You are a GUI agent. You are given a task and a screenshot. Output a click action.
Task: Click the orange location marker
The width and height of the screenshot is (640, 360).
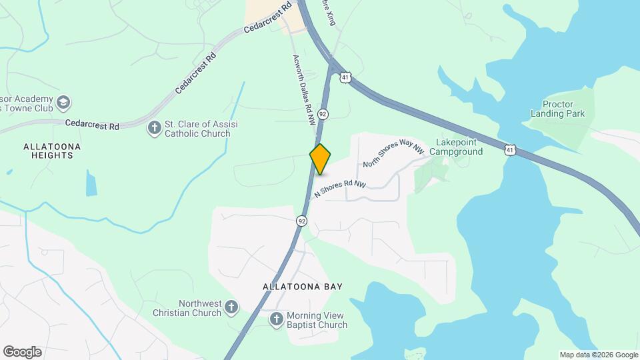click(320, 159)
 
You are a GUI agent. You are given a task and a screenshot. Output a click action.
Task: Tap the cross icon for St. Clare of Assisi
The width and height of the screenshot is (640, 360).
click(154, 127)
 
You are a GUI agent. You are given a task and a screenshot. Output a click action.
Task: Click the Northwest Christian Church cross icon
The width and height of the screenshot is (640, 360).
click(231, 307)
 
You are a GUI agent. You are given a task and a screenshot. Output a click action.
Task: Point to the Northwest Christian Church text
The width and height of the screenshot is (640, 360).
click(187, 307)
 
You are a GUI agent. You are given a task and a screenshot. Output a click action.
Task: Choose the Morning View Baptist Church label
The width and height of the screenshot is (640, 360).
click(317, 320)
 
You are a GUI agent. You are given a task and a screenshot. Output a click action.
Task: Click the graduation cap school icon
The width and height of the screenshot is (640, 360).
click(63, 103)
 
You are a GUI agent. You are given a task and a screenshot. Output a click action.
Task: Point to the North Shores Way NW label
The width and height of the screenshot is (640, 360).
click(393, 154)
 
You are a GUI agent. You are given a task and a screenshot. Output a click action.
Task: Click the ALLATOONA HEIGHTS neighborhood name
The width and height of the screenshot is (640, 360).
click(52, 150)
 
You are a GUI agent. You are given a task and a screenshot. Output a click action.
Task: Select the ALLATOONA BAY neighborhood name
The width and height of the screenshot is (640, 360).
click(303, 287)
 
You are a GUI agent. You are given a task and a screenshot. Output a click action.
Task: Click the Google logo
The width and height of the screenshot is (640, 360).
click(22, 352)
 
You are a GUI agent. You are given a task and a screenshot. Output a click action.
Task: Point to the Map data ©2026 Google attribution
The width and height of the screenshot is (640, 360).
click(598, 355)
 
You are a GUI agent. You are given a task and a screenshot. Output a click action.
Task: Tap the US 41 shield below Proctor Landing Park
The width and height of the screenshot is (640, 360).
click(510, 151)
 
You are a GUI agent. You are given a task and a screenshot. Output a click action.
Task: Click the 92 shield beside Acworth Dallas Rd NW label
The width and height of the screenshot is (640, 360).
click(323, 114)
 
